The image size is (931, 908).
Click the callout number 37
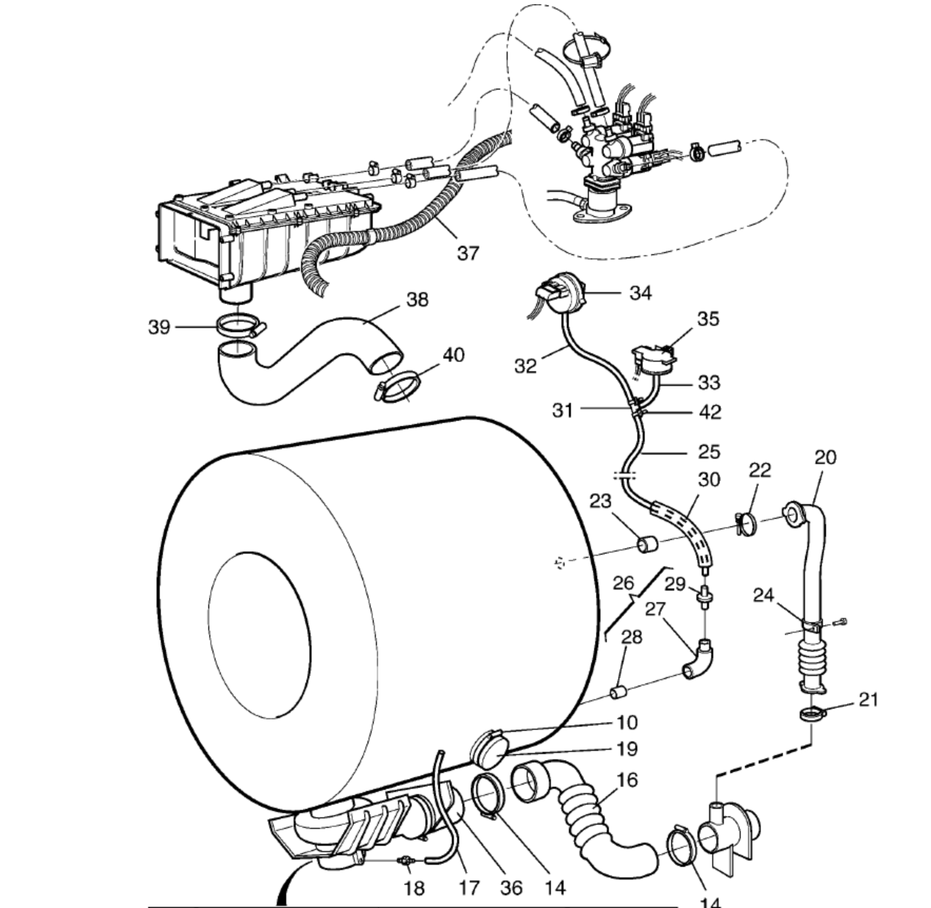pos(468,253)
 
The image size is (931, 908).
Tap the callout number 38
pos(418,300)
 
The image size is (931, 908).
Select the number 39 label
pos(159,327)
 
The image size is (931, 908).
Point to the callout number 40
pos(453,355)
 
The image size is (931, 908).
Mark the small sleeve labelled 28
pos(618,692)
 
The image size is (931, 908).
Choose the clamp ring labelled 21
pos(812,714)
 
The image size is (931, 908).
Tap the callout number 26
pos(623,583)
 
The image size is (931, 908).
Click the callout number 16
pos(627,779)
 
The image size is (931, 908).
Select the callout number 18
pos(414,888)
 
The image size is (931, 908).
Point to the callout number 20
pos(826,457)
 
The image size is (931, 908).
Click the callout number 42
pos(710,412)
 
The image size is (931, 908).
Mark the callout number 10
pos(627,722)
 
